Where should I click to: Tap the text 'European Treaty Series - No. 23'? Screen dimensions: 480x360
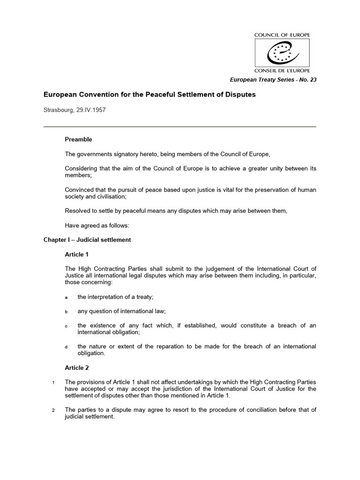click(x=273, y=80)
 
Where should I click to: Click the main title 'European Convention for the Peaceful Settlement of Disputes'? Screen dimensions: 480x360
click(x=150, y=95)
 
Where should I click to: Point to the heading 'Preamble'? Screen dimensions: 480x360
click(x=78, y=139)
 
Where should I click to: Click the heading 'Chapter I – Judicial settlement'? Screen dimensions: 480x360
click(x=87, y=240)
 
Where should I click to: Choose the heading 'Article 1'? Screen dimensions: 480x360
click(x=76, y=254)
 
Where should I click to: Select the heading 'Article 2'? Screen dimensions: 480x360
click(x=76, y=368)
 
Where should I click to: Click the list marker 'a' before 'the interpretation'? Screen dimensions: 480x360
click(x=66, y=298)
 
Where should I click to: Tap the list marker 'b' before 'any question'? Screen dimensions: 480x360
click(x=66, y=312)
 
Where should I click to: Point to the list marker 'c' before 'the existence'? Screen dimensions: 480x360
click(x=66, y=326)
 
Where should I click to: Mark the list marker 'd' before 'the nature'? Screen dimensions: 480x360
click(x=66, y=347)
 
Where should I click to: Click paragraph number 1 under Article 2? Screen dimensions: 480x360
click(x=54, y=383)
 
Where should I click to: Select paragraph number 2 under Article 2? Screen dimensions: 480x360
click(x=54, y=410)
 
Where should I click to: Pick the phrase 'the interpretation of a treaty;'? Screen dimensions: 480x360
click(x=116, y=297)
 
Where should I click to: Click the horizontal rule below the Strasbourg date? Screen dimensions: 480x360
click(x=180, y=127)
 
